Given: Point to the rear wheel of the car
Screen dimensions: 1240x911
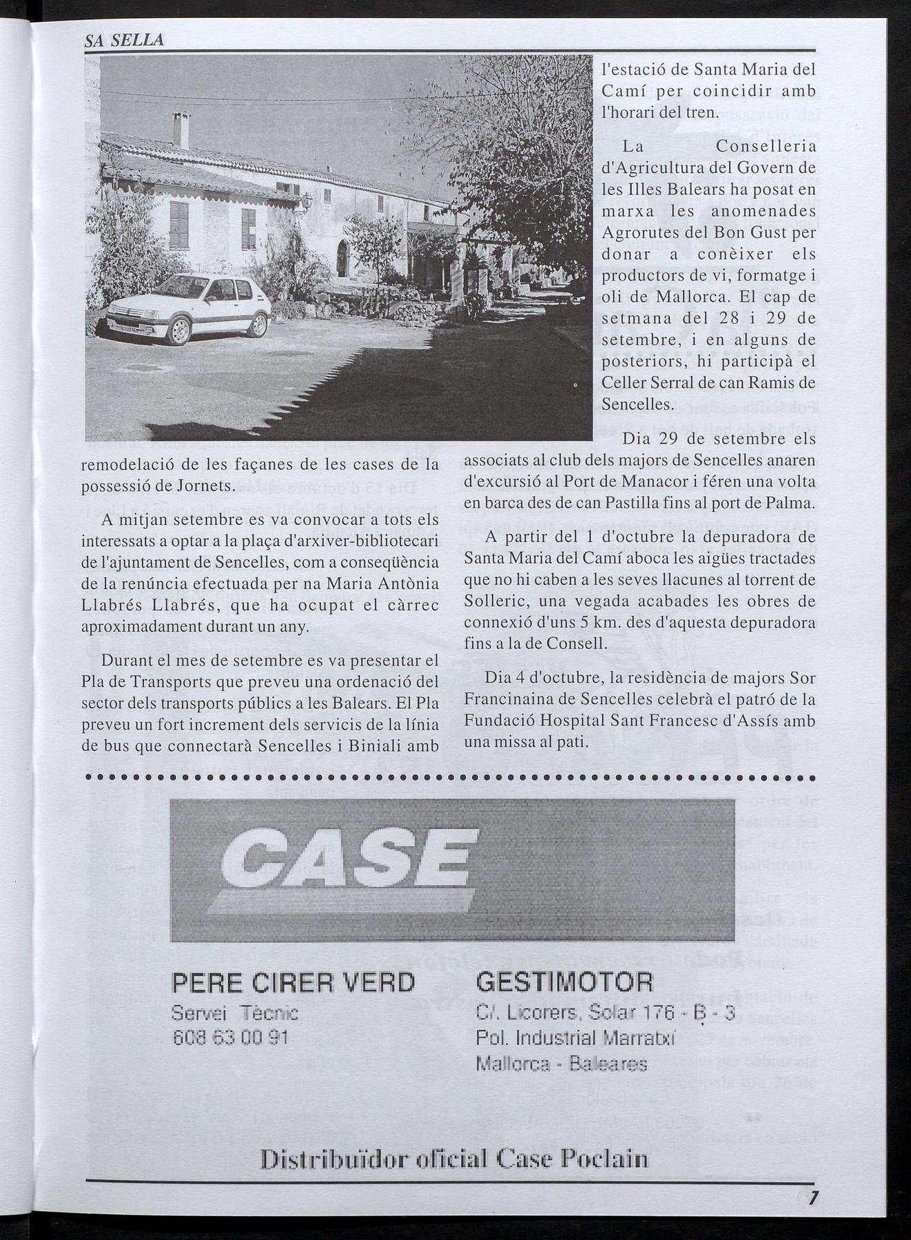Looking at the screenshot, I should tap(258, 324).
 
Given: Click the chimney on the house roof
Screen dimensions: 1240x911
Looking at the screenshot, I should tap(181, 130).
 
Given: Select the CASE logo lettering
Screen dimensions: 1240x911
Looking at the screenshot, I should tap(345, 861).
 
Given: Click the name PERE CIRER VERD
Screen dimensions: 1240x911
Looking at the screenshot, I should tap(293, 982).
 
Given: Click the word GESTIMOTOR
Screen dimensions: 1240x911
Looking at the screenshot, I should tap(564, 982).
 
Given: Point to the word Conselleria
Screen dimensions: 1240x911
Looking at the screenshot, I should tap(765, 147).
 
